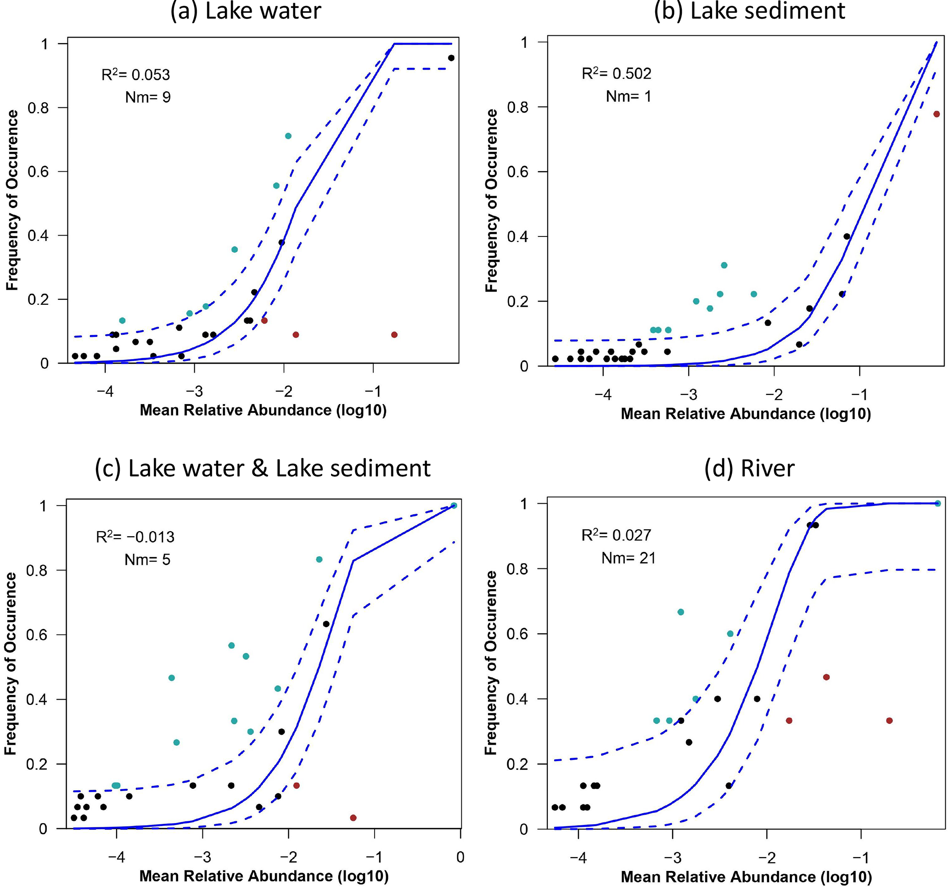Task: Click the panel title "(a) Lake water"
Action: [246, 11]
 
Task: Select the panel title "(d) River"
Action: [749, 468]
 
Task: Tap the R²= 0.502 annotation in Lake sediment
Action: [616, 73]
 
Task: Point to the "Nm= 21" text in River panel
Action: [628, 558]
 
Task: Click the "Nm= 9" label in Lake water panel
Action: [148, 97]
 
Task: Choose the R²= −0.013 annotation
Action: [135, 537]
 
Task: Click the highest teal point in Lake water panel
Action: [288, 136]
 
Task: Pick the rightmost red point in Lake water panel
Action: [394, 335]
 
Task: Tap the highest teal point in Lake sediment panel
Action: [724, 265]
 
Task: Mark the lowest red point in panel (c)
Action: [353, 818]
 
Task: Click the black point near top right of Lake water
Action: [451, 58]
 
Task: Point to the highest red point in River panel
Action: [826, 677]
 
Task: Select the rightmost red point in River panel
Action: [889, 720]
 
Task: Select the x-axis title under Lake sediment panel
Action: [746, 414]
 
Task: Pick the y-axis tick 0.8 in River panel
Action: [517, 569]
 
